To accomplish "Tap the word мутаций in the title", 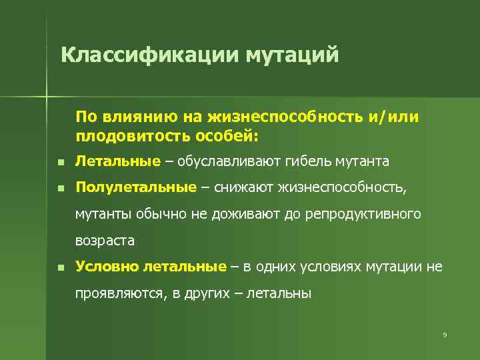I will coord(293,54).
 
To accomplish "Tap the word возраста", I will coord(105,240).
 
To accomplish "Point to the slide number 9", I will coord(444,334).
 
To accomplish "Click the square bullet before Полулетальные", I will coord(59,189).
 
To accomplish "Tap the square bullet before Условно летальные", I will coord(59,268).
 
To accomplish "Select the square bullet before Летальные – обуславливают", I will coord(59,163).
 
